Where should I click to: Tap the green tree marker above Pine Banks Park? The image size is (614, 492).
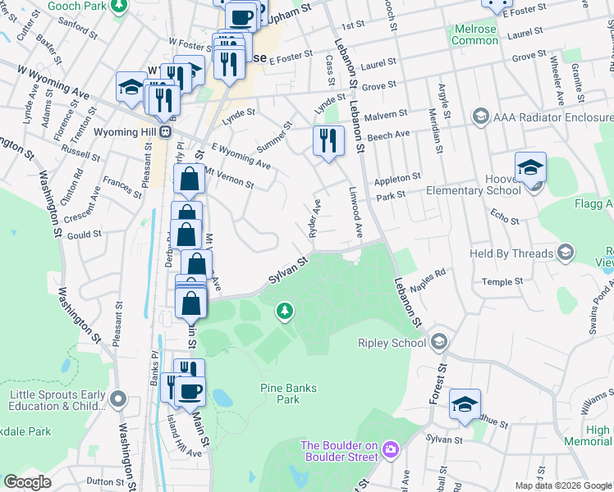(284, 311)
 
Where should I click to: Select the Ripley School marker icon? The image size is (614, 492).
(439, 341)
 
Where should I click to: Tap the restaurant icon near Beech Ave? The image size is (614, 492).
(325, 140)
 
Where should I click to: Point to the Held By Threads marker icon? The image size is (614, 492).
(566, 253)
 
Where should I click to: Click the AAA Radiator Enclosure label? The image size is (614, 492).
(552, 116)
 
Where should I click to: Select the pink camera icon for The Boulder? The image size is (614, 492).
(390, 449)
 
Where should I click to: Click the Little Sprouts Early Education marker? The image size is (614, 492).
(118, 399)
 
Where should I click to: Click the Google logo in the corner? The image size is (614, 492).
(27, 482)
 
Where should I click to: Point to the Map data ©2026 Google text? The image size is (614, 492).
(563, 485)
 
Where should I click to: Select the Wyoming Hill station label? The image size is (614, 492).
(122, 131)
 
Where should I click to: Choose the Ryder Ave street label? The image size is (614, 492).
(314, 218)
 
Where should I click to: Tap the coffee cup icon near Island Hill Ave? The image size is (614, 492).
(190, 393)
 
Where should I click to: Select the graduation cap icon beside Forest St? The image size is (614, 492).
(465, 404)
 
